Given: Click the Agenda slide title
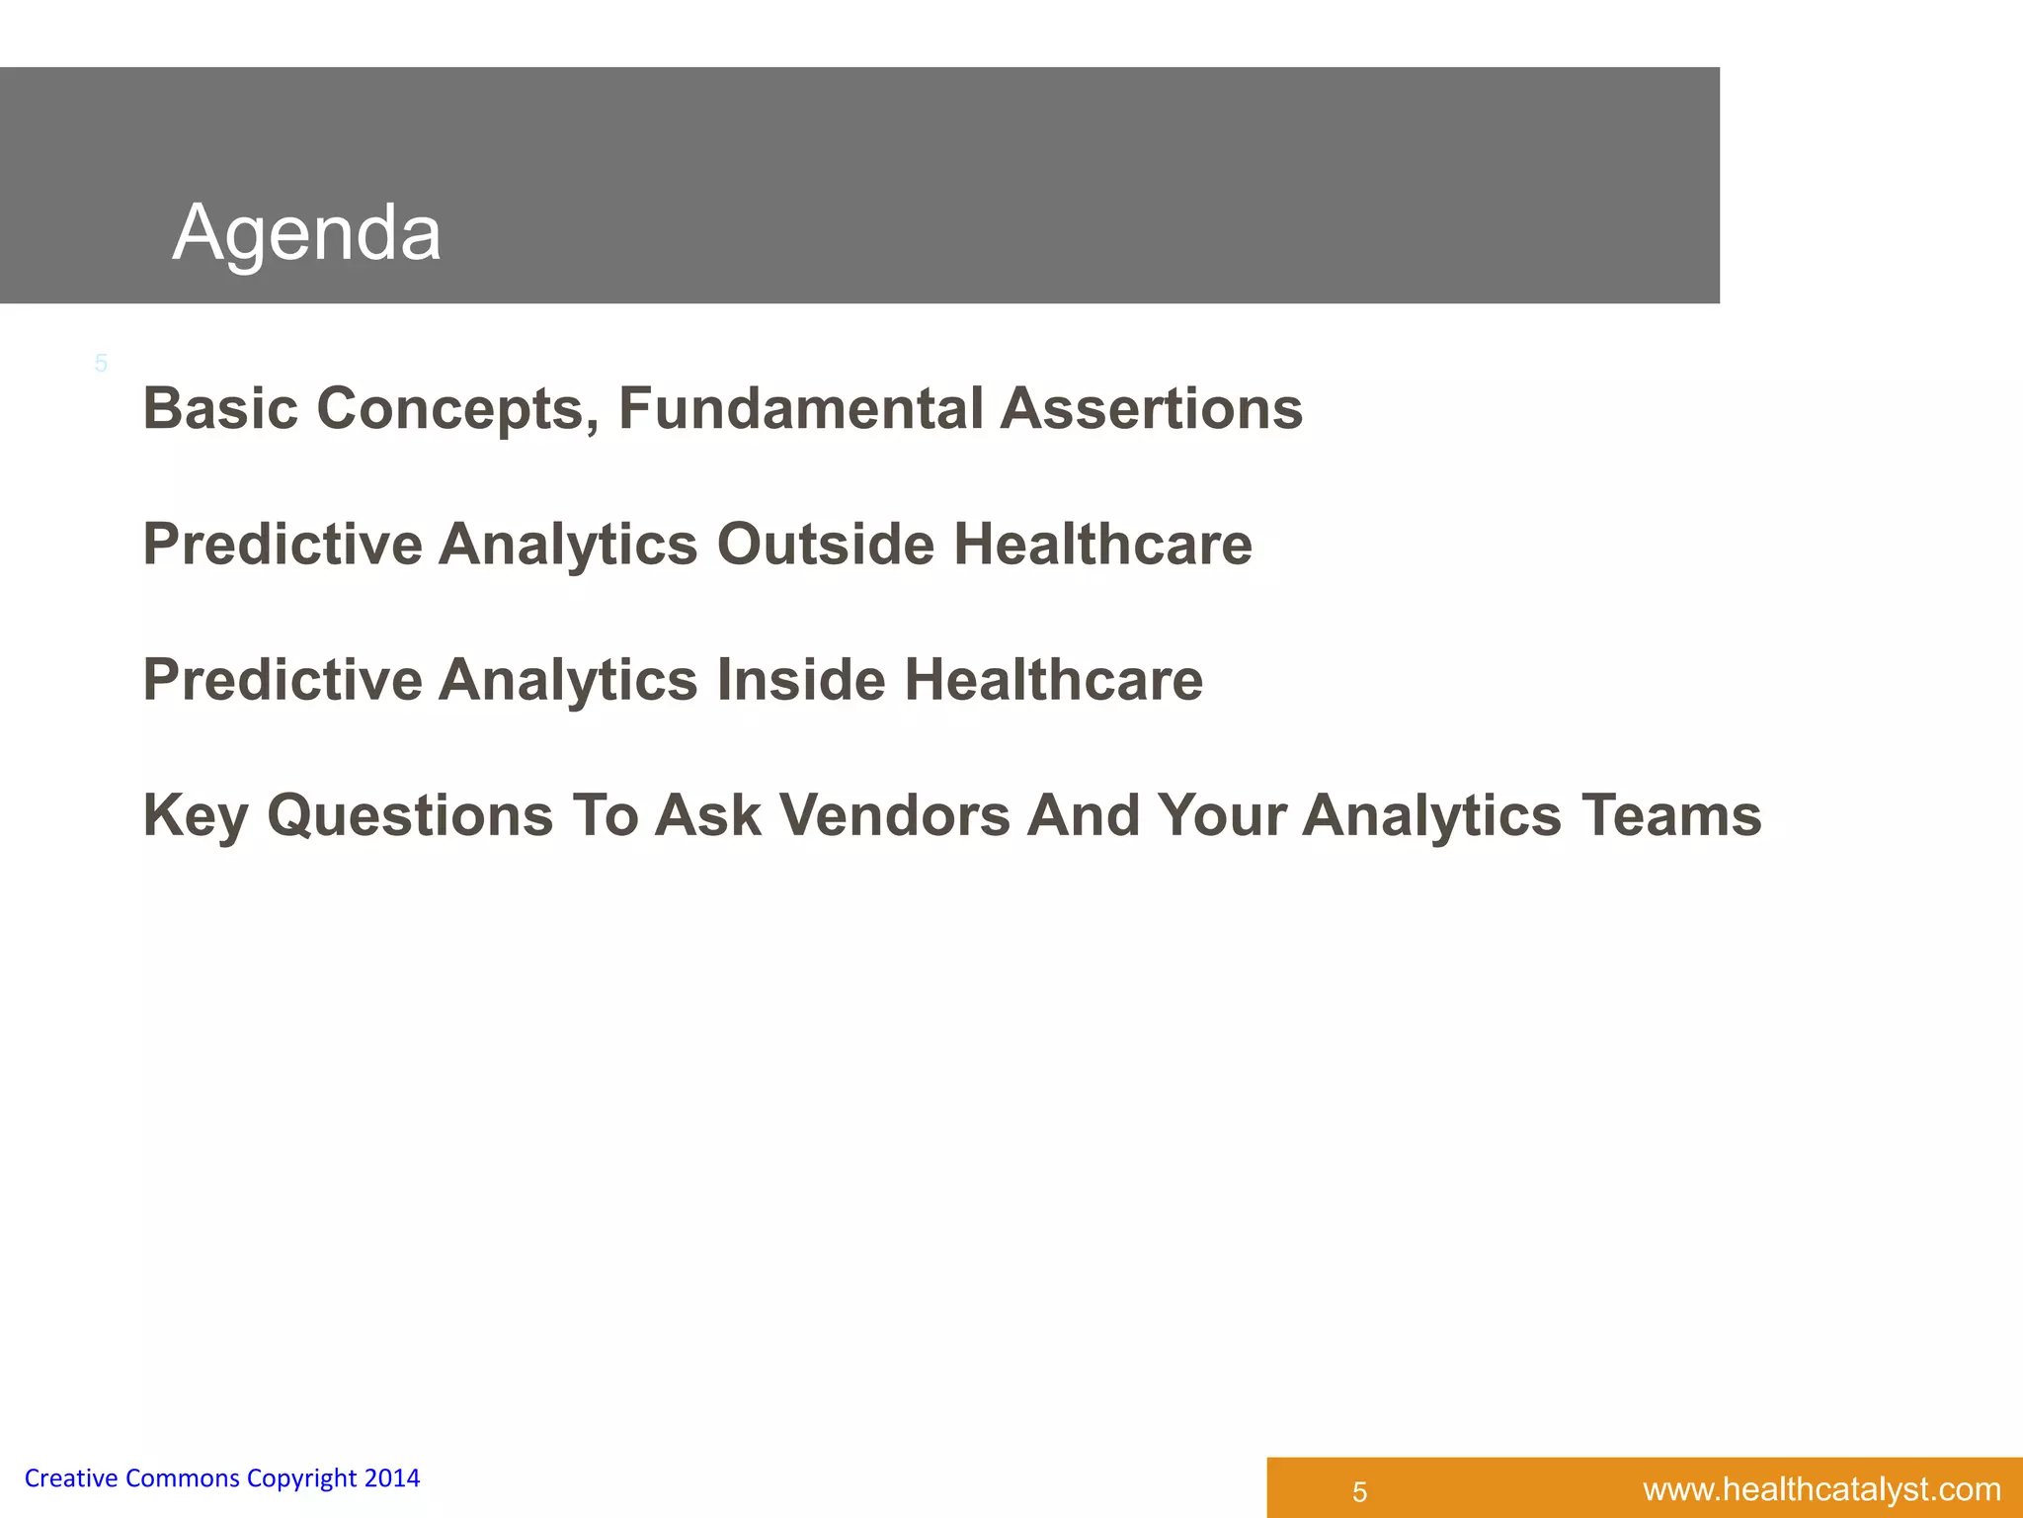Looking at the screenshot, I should tap(306, 233).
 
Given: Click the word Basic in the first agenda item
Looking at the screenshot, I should tap(220, 408).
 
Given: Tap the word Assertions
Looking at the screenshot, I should tap(1151, 408).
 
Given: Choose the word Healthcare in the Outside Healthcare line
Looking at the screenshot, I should tap(1102, 545).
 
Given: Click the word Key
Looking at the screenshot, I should tap(196, 816).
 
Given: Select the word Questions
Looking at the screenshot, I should tap(410, 816).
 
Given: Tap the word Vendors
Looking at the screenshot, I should tap(894, 816).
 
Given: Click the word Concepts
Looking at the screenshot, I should tap(457, 408).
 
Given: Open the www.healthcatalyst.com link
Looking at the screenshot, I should tap(1821, 1489).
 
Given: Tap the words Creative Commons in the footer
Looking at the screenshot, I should tap(131, 1478).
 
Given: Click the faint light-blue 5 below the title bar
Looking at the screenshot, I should tap(101, 364).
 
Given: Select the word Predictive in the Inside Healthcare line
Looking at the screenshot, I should tap(283, 680).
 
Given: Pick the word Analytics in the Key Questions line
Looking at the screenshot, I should tap(1431, 816).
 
